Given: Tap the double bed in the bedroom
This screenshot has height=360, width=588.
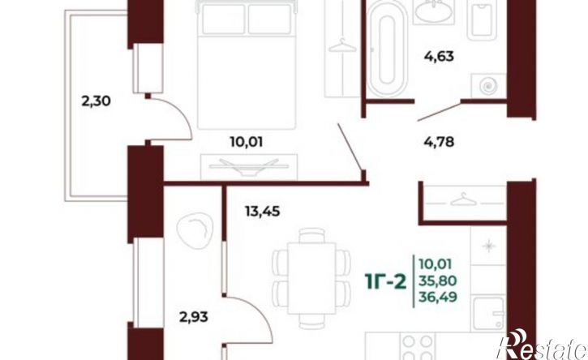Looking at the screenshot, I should (247, 57).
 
